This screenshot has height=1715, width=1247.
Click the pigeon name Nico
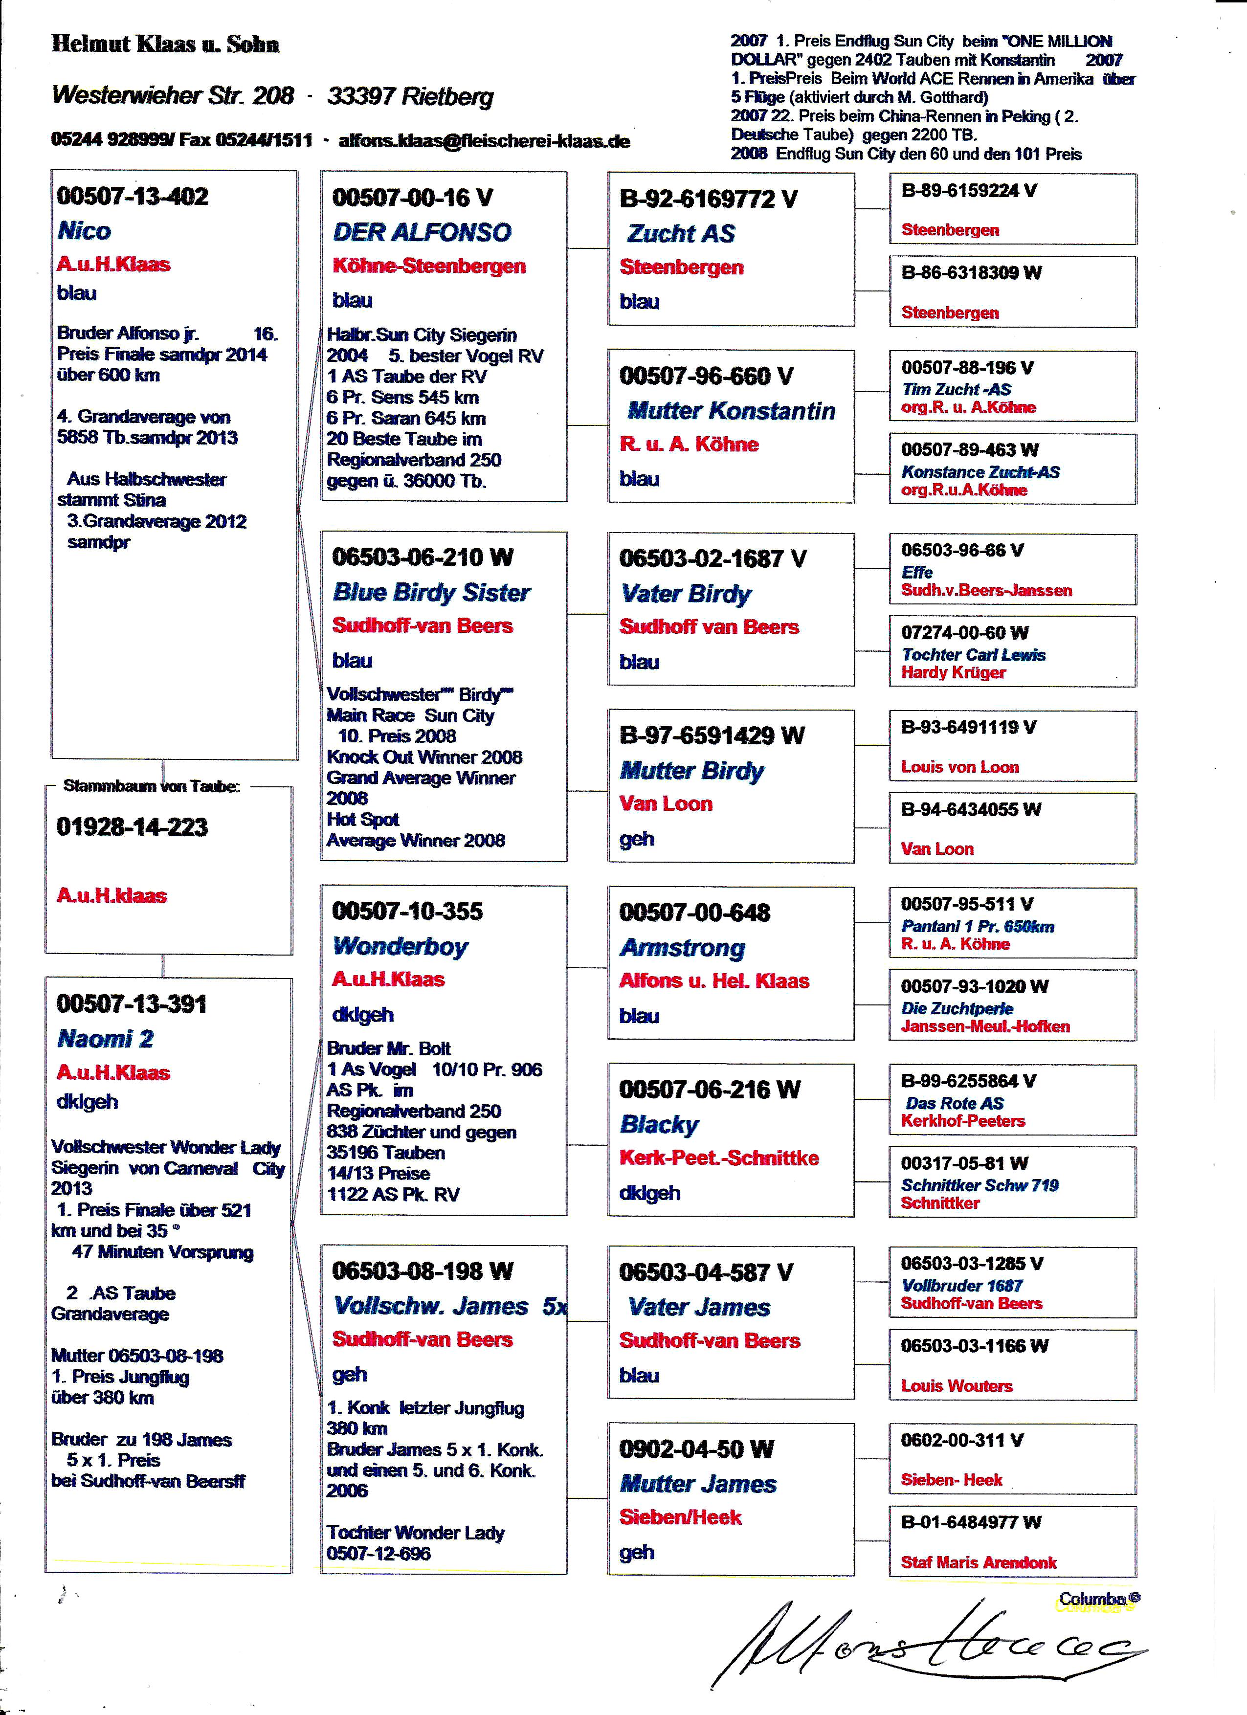click(x=84, y=231)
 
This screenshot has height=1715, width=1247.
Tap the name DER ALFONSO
click(x=422, y=232)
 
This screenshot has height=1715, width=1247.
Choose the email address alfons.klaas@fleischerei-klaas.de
click(x=484, y=141)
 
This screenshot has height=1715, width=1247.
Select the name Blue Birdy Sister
click(x=431, y=592)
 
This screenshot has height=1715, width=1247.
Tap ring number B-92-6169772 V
click(x=708, y=199)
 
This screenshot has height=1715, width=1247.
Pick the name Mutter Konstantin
click(x=731, y=411)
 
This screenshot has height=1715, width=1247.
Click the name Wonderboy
click(x=400, y=946)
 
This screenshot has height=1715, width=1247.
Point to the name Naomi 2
click(x=105, y=1039)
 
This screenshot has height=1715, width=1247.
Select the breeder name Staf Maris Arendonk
click(x=979, y=1562)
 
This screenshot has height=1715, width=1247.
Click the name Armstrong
click(x=682, y=948)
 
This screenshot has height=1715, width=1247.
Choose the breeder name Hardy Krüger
click(x=953, y=672)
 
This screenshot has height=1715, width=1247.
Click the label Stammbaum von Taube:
click(x=151, y=786)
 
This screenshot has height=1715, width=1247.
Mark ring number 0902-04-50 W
click(x=696, y=1449)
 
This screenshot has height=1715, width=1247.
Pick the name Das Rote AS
click(x=955, y=1103)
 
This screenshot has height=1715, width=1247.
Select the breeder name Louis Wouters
click(x=957, y=1385)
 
